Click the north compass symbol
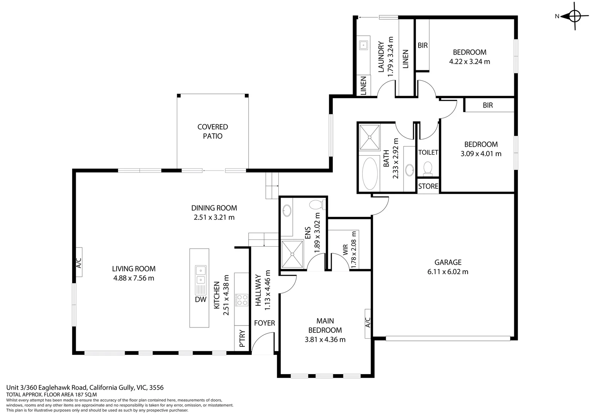pyautogui.click(x=574, y=16)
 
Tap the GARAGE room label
pyautogui.click(x=448, y=263)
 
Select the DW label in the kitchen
pyautogui.click(x=200, y=299)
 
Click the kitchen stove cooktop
pyautogui.click(x=242, y=300)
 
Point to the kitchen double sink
pyautogui.click(x=200, y=275)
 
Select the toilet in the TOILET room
pyautogui.click(x=427, y=169)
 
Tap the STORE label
pyautogui.click(x=428, y=186)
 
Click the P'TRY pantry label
pyautogui.click(x=242, y=339)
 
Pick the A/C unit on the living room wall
pyautogui.click(x=78, y=262)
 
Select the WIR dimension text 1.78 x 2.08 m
pyautogui.click(x=354, y=249)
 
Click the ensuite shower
pyautogui.click(x=292, y=254)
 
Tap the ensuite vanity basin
pyautogui.click(x=287, y=211)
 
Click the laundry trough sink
pyautogui.click(x=363, y=45)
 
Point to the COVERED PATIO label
pyautogui.click(x=212, y=131)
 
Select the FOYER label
pyautogui.click(x=264, y=323)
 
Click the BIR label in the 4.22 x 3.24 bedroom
pyautogui.click(x=422, y=45)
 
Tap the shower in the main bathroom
pyautogui.click(x=370, y=137)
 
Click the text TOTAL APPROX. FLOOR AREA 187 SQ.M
pyautogui.click(x=51, y=395)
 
